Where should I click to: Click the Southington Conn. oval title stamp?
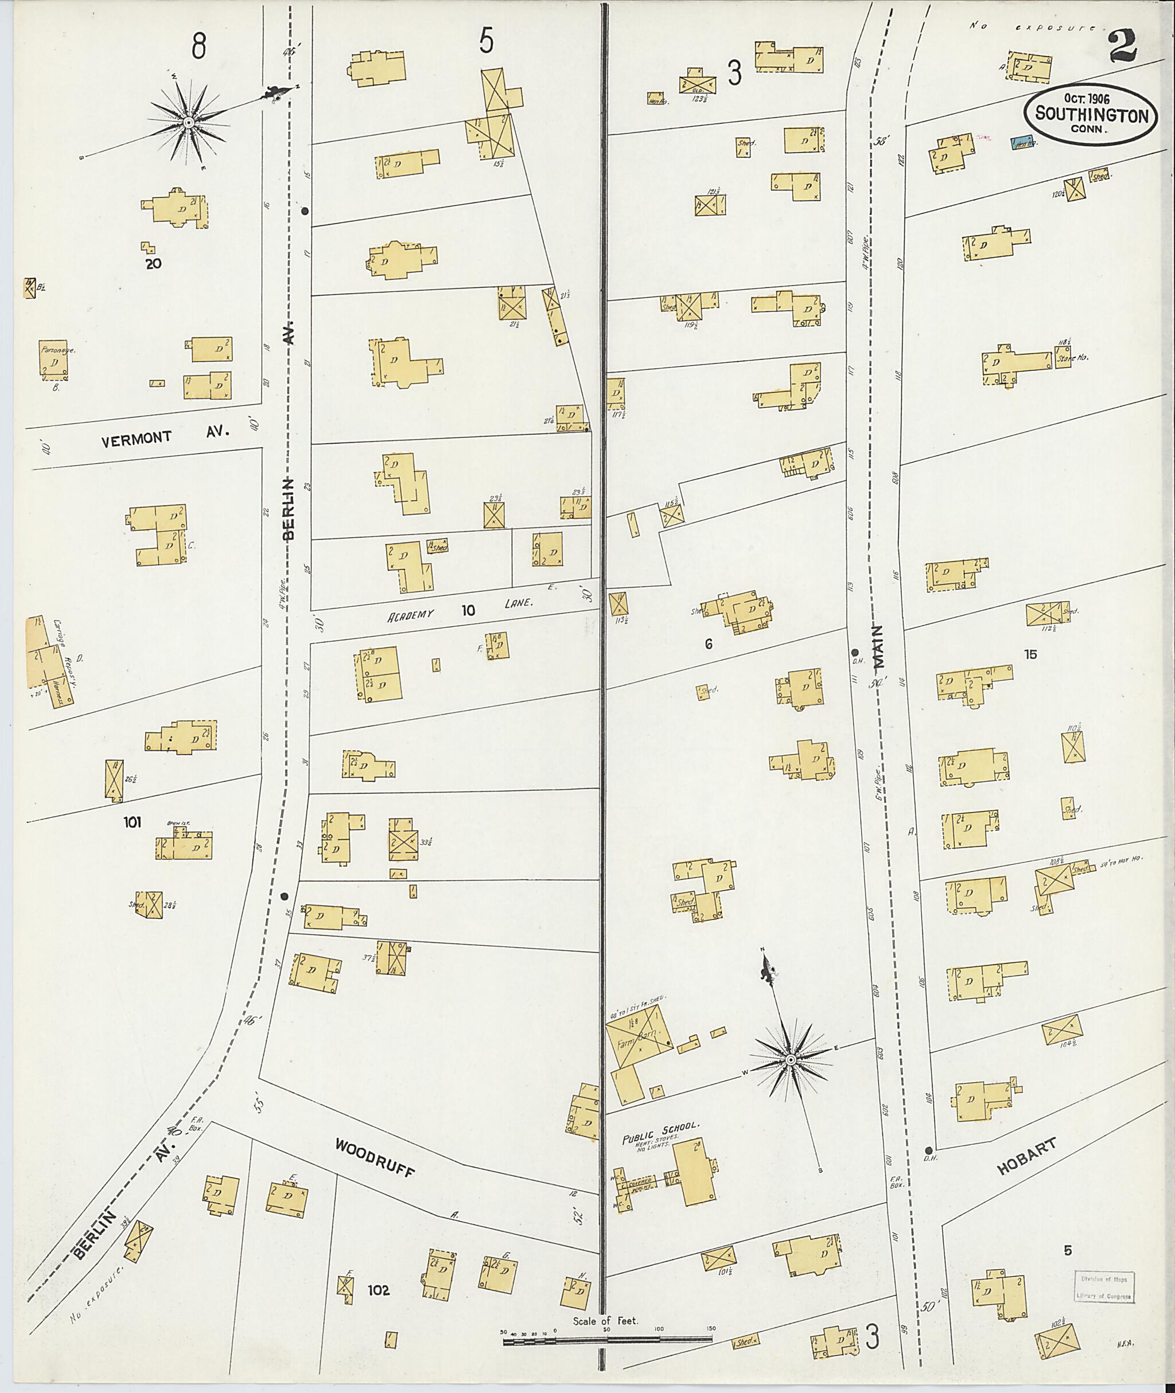pos(1091,115)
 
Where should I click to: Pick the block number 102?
pos(378,1290)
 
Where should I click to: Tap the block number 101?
pos(132,822)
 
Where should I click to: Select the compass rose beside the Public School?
pos(790,1059)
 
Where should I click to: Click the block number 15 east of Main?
pos(1030,654)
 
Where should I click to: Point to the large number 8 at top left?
pos(198,46)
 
